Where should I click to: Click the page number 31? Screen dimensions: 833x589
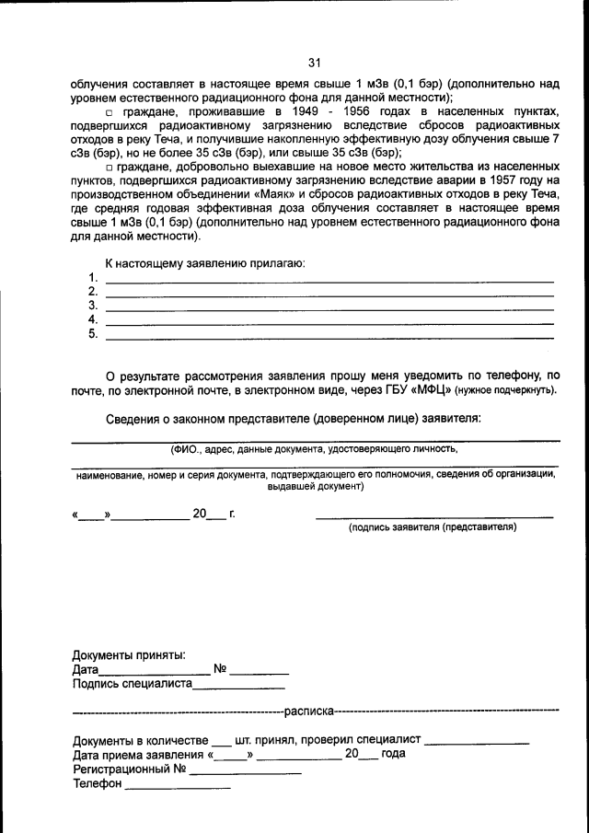point(314,63)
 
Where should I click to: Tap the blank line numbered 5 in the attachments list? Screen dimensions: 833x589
point(329,338)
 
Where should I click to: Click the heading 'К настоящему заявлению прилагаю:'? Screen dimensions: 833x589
point(204,263)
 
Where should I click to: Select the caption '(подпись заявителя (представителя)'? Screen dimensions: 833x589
point(432,527)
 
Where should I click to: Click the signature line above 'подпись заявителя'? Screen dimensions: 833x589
point(434,516)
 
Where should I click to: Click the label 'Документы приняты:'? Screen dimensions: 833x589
point(129,655)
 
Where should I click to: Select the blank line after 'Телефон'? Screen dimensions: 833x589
point(177,789)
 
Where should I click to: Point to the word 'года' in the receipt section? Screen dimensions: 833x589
point(393,753)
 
